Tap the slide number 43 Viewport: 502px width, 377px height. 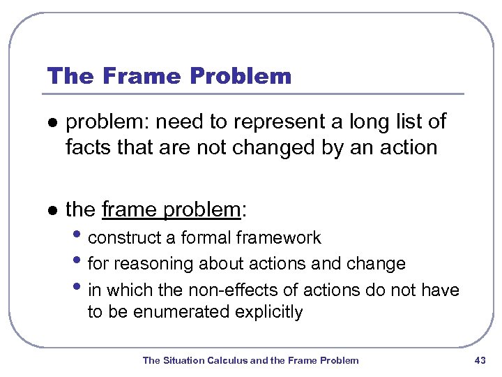[479, 360]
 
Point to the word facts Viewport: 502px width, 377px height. [87, 147]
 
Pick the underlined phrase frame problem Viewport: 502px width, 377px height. [171, 209]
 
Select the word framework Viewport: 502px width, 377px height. [277, 238]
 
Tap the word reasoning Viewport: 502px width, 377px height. [151, 264]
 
